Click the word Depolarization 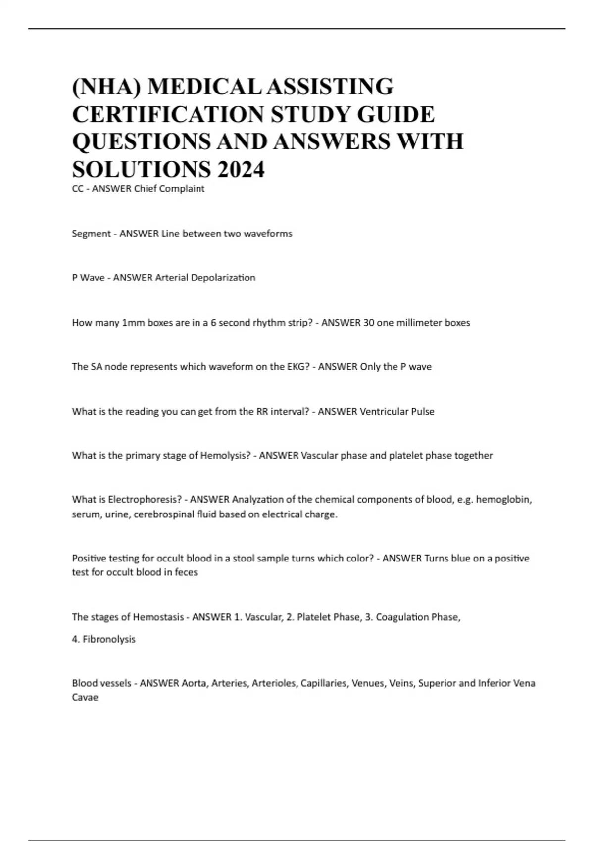223,278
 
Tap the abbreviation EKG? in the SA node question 298,367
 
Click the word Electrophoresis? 145,499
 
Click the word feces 186,572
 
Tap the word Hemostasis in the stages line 158,617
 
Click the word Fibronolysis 109,639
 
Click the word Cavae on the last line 85,698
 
